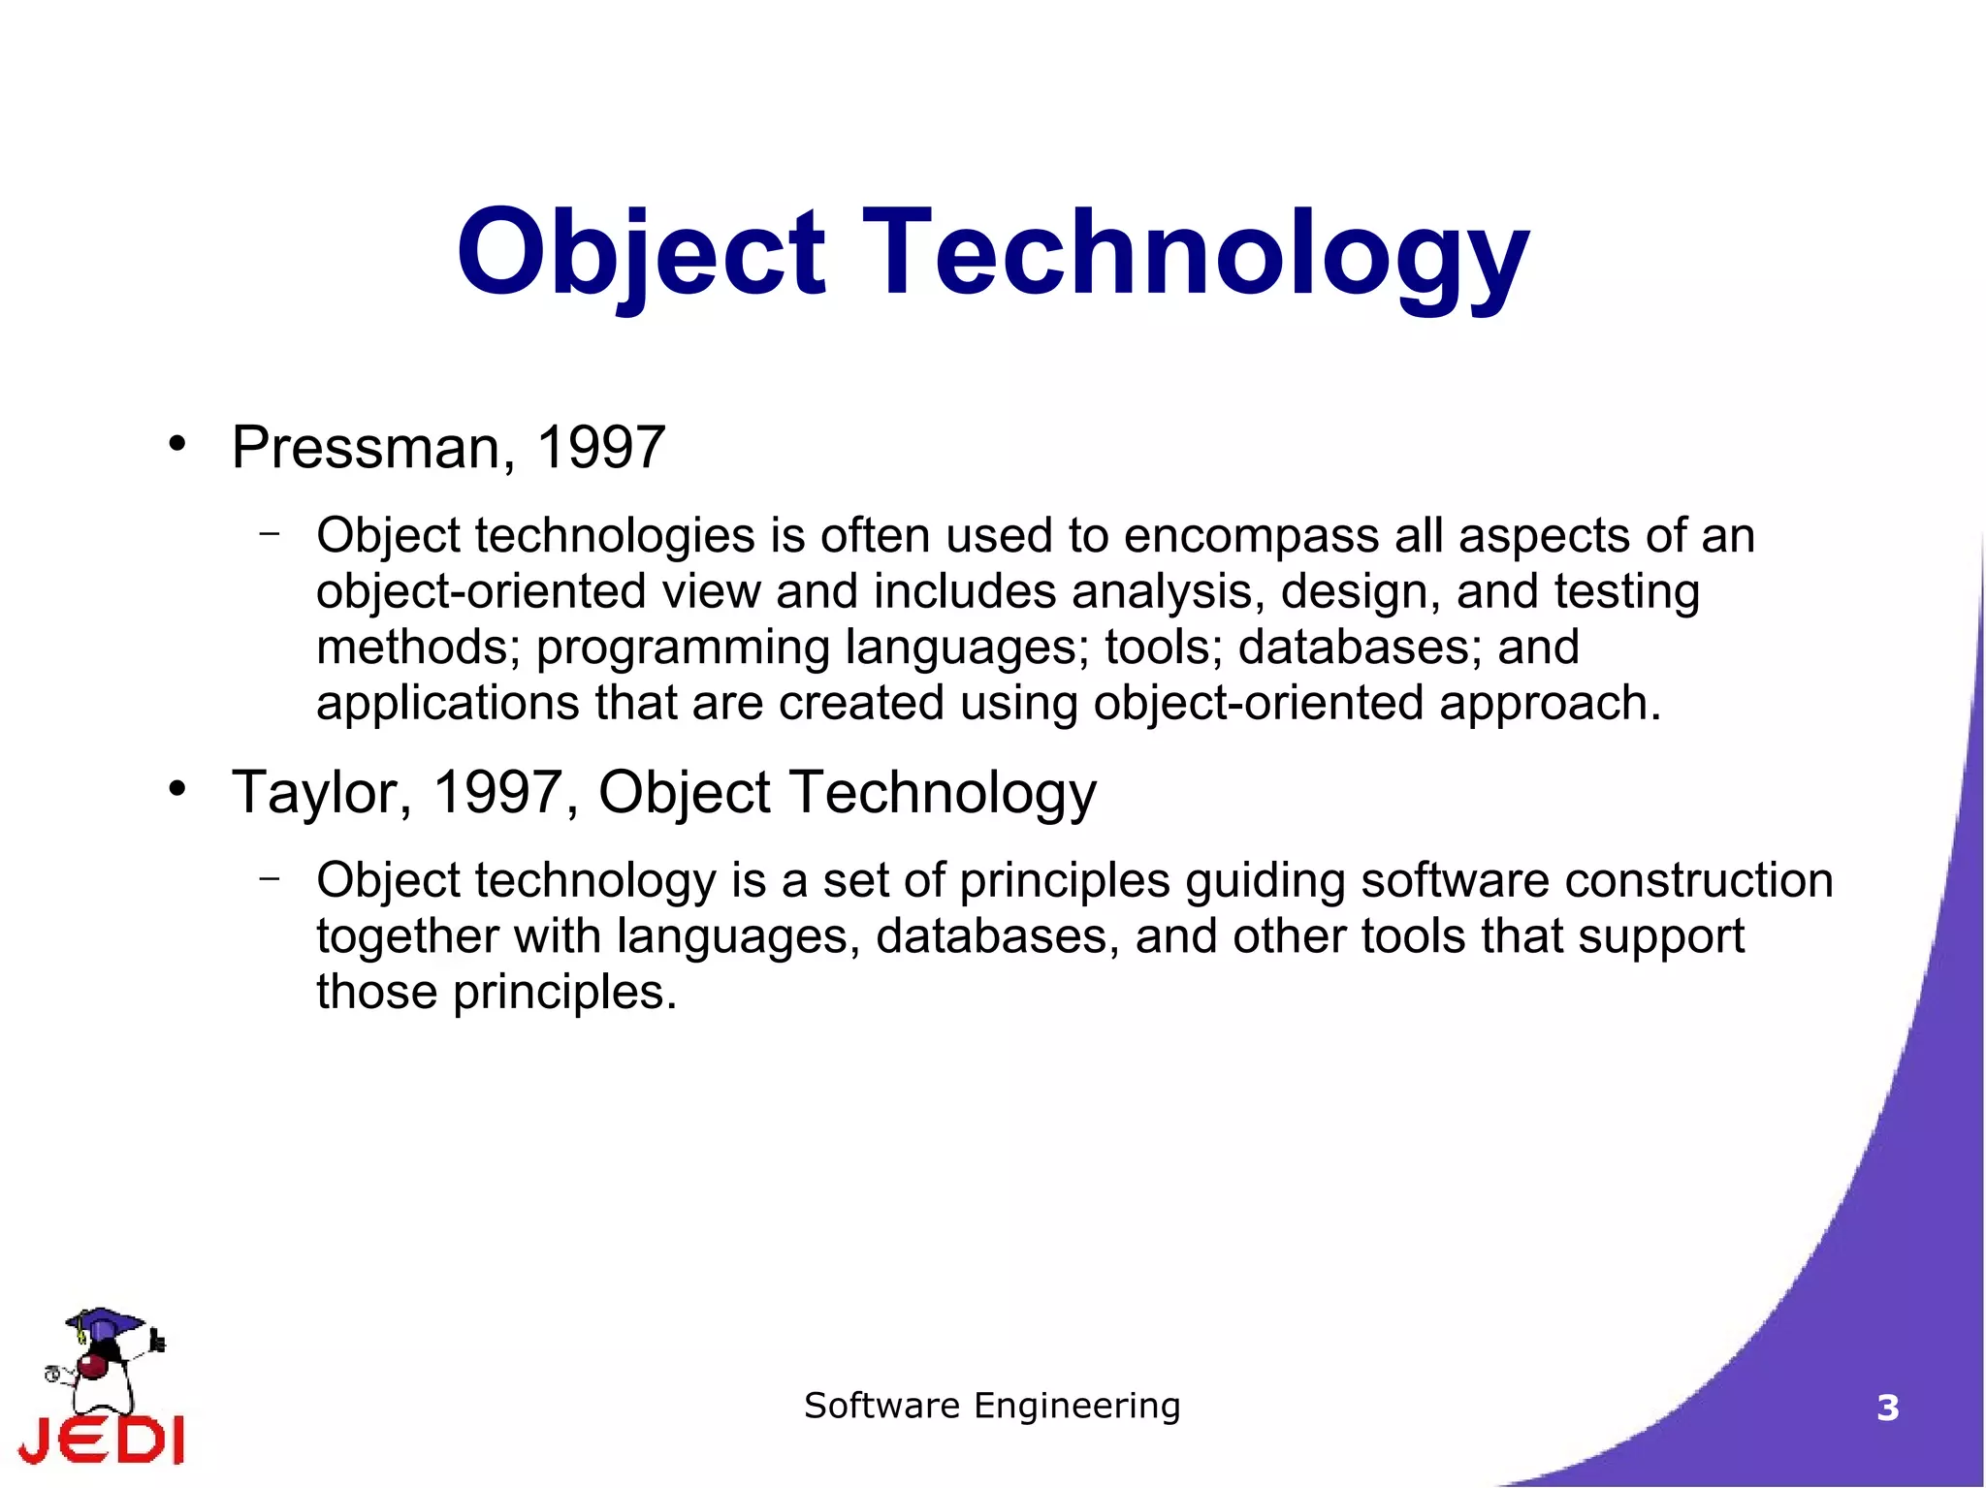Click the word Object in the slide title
(x=640, y=254)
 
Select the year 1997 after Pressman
(x=600, y=448)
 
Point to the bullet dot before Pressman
(x=176, y=444)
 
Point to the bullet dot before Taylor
(x=176, y=788)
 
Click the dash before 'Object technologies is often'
(x=270, y=532)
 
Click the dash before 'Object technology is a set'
(x=270, y=877)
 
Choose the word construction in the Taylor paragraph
(x=1698, y=880)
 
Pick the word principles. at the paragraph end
(x=564, y=992)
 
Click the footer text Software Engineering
(x=992, y=1405)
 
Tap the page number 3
(x=1887, y=1408)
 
